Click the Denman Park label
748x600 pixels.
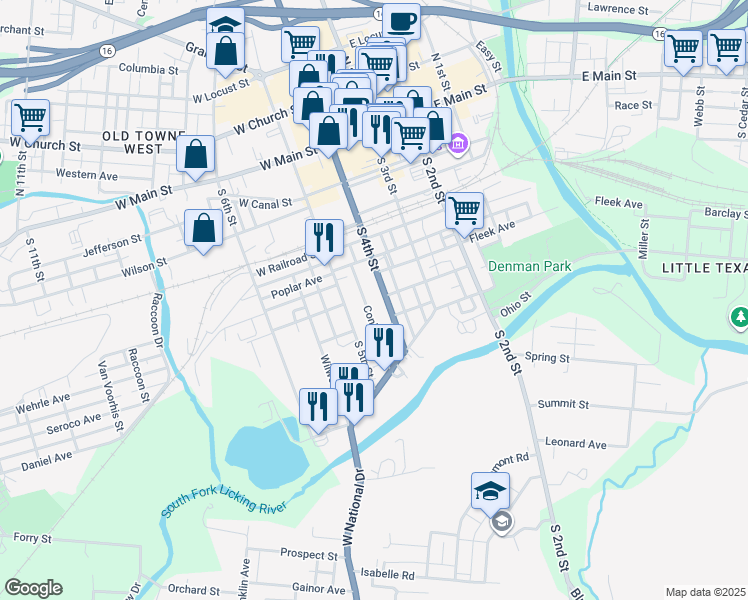(x=529, y=267)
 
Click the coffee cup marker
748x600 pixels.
(x=401, y=21)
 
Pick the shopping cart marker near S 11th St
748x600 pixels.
(x=30, y=117)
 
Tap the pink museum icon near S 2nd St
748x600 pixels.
(x=458, y=146)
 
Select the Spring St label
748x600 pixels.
(x=546, y=357)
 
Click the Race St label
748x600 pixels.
(x=633, y=105)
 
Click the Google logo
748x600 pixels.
(x=34, y=588)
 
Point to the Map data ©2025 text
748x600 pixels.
(x=705, y=592)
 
